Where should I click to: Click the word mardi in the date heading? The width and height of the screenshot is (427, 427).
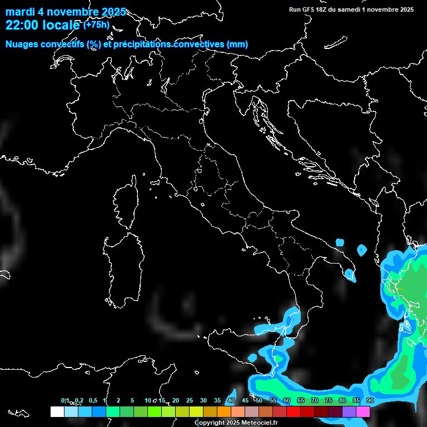[x=19, y=12]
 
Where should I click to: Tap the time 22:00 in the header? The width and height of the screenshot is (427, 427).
[x=22, y=26]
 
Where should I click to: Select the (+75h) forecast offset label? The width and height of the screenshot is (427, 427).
[x=97, y=25]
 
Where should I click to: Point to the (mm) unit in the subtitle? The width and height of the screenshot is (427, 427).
[x=236, y=44]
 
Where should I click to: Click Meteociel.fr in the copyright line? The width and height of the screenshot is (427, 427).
[x=258, y=423]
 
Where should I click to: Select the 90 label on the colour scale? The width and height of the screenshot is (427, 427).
[x=370, y=401]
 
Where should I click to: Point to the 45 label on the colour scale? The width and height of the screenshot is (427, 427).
[x=245, y=401]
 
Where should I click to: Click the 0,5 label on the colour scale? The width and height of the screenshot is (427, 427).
[x=92, y=401]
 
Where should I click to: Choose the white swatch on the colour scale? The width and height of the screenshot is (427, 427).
[x=57, y=411]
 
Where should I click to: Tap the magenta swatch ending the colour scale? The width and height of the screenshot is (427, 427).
[x=363, y=411]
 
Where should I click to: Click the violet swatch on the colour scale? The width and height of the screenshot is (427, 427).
[x=349, y=411]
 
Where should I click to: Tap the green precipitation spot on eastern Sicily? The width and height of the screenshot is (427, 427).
[x=277, y=359]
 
